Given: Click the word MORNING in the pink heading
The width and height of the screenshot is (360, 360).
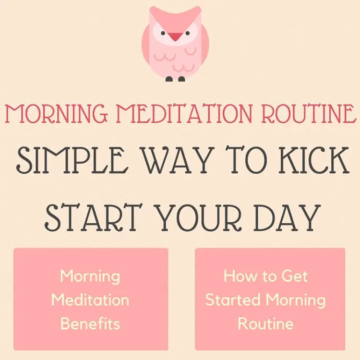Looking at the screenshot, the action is tap(56, 114).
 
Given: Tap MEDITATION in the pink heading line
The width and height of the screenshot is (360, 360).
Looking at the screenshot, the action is tap(184, 114).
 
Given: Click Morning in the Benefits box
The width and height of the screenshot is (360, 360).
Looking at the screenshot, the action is tap(90, 276).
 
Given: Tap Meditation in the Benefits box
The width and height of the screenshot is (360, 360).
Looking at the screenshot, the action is tap(90, 300).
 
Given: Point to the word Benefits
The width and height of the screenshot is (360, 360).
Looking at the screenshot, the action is tap(90, 324).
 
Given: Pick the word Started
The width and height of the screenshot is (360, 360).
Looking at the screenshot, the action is tap(233, 300).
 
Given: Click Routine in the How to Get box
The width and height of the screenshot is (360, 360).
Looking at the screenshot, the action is tap(265, 324).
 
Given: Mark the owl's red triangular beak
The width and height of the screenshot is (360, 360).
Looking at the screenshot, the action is tap(175, 36).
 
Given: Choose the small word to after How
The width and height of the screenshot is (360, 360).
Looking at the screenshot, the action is tap(269, 276).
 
